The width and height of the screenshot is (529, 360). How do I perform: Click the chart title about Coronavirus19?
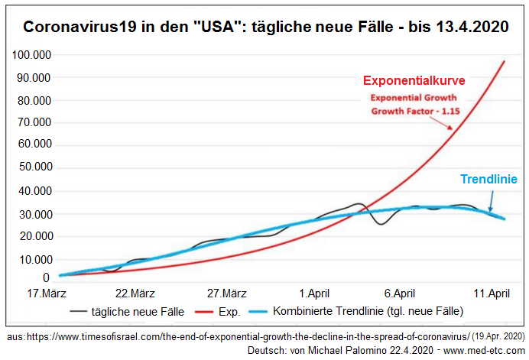point(265,28)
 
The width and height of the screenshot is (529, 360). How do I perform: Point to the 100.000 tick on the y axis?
point(31,55)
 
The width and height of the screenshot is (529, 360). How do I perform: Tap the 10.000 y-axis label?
point(34,259)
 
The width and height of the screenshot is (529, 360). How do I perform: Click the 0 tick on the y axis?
point(47,278)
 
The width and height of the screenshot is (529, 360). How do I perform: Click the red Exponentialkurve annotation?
point(413,80)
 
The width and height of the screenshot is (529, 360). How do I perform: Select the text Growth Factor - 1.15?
point(413,111)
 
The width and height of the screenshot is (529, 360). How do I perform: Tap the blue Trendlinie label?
point(489,180)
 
